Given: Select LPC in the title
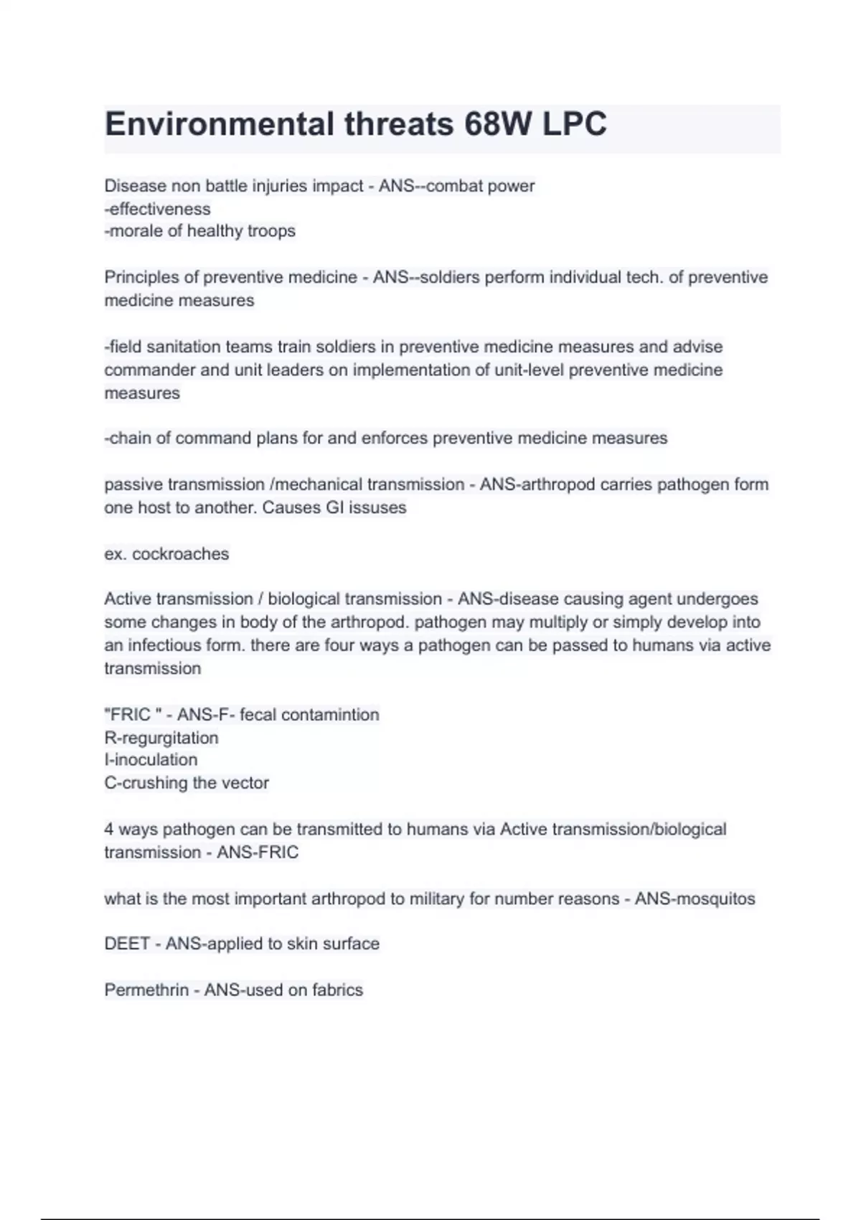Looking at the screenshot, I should click(575, 124).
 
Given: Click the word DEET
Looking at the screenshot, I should click(127, 944).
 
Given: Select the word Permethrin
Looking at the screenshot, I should click(146, 990).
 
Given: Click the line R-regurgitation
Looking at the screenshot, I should click(161, 738).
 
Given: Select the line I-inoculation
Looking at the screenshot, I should click(151, 760).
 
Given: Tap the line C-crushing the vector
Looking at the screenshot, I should click(187, 783).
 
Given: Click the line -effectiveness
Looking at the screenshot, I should click(158, 209).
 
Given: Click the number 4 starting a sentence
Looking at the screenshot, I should click(109, 830).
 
